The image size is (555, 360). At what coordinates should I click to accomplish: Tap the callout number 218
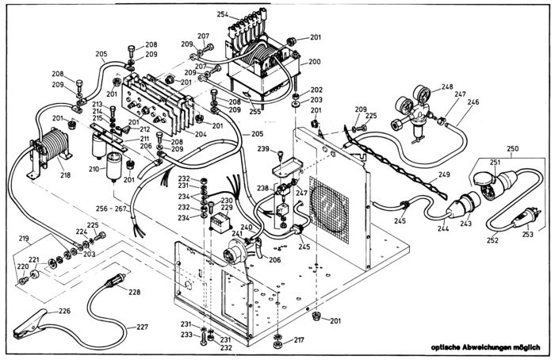[x=65, y=174]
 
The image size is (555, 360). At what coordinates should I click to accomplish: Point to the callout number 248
[x=447, y=86]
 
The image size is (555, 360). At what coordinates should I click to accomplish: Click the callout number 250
[x=512, y=148]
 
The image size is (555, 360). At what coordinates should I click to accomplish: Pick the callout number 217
[x=299, y=340]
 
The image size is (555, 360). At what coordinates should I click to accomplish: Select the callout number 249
[x=444, y=174]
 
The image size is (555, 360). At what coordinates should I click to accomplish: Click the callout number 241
[x=237, y=234]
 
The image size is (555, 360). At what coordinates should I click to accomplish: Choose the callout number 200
[x=315, y=61]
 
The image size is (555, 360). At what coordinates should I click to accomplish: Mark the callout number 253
[x=526, y=234]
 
